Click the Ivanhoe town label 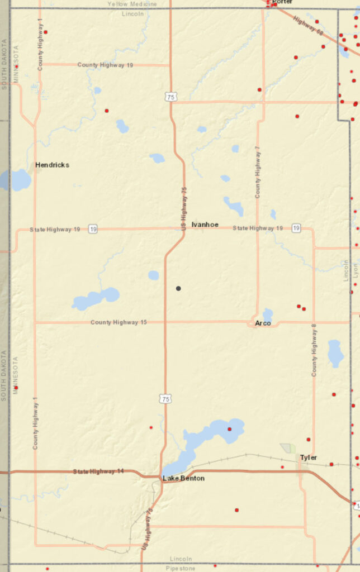205,225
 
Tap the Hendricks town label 52,165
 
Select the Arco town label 263,323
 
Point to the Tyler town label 308,457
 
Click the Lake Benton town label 183,479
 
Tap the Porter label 282,2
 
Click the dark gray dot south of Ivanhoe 178,288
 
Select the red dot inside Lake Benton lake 229,429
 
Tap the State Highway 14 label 98,471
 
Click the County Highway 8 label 314,352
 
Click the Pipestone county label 179,568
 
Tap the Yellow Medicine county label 132,4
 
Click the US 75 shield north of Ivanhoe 170,97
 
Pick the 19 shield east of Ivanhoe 296,228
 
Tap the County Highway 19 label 105,65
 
